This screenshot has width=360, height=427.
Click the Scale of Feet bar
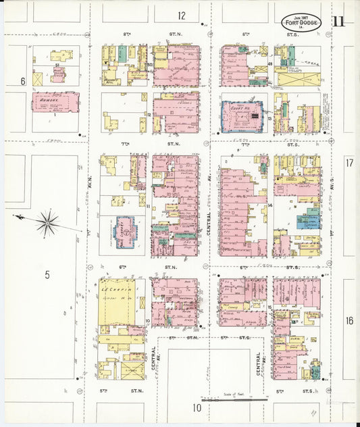click(x=231, y=401)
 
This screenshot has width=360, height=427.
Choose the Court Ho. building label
click(x=240, y=107)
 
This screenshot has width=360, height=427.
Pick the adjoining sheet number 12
click(x=182, y=15)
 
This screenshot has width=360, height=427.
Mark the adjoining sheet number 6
click(x=22, y=81)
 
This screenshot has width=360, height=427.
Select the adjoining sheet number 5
click(x=47, y=274)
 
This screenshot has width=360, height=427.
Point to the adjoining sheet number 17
click(x=349, y=163)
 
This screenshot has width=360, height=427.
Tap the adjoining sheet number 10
click(x=197, y=407)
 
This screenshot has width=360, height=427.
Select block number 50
click(x=149, y=65)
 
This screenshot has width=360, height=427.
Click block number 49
click(x=269, y=65)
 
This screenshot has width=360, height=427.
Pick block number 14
click(x=269, y=205)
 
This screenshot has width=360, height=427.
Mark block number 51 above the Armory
click(x=58, y=65)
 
